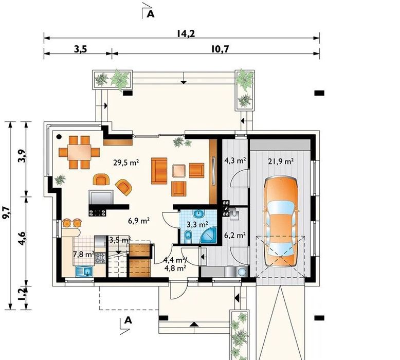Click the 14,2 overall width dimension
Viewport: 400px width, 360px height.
pos(186,33)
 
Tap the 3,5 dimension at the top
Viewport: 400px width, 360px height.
pos(81,49)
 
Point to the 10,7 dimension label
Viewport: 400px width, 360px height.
pos(220,49)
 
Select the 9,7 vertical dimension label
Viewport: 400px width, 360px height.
pos(6,213)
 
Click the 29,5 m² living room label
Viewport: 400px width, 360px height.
pos(126,163)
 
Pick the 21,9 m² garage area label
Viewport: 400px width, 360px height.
pos(281,161)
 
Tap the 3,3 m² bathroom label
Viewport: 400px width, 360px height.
pos(197,225)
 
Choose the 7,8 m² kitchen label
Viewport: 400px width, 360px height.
pos(84,254)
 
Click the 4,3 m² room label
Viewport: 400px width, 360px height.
pos(235,160)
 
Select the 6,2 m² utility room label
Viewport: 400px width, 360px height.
pos(235,235)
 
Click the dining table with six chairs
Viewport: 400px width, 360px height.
pos(79,152)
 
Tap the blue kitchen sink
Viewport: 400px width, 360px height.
pos(84,271)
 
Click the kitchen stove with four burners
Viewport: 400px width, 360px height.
pos(100,258)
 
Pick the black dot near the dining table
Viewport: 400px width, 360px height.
pos(59,136)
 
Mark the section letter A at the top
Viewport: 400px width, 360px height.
pos(151,14)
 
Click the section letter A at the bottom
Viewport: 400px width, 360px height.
pos(128,320)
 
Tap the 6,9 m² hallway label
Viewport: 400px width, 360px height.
pos(139,221)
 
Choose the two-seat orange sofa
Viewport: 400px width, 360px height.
pos(159,171)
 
